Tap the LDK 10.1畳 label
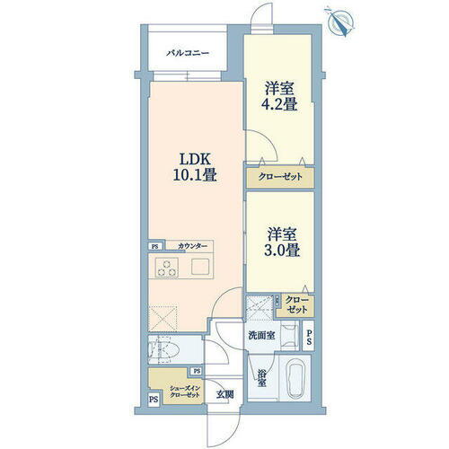click(197, 166)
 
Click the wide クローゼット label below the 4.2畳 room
click(280, 178)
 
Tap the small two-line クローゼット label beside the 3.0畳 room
click(296, 304)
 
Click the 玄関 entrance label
click(224, 393)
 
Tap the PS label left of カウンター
click(154, 246)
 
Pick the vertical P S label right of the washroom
click(308, 337)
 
